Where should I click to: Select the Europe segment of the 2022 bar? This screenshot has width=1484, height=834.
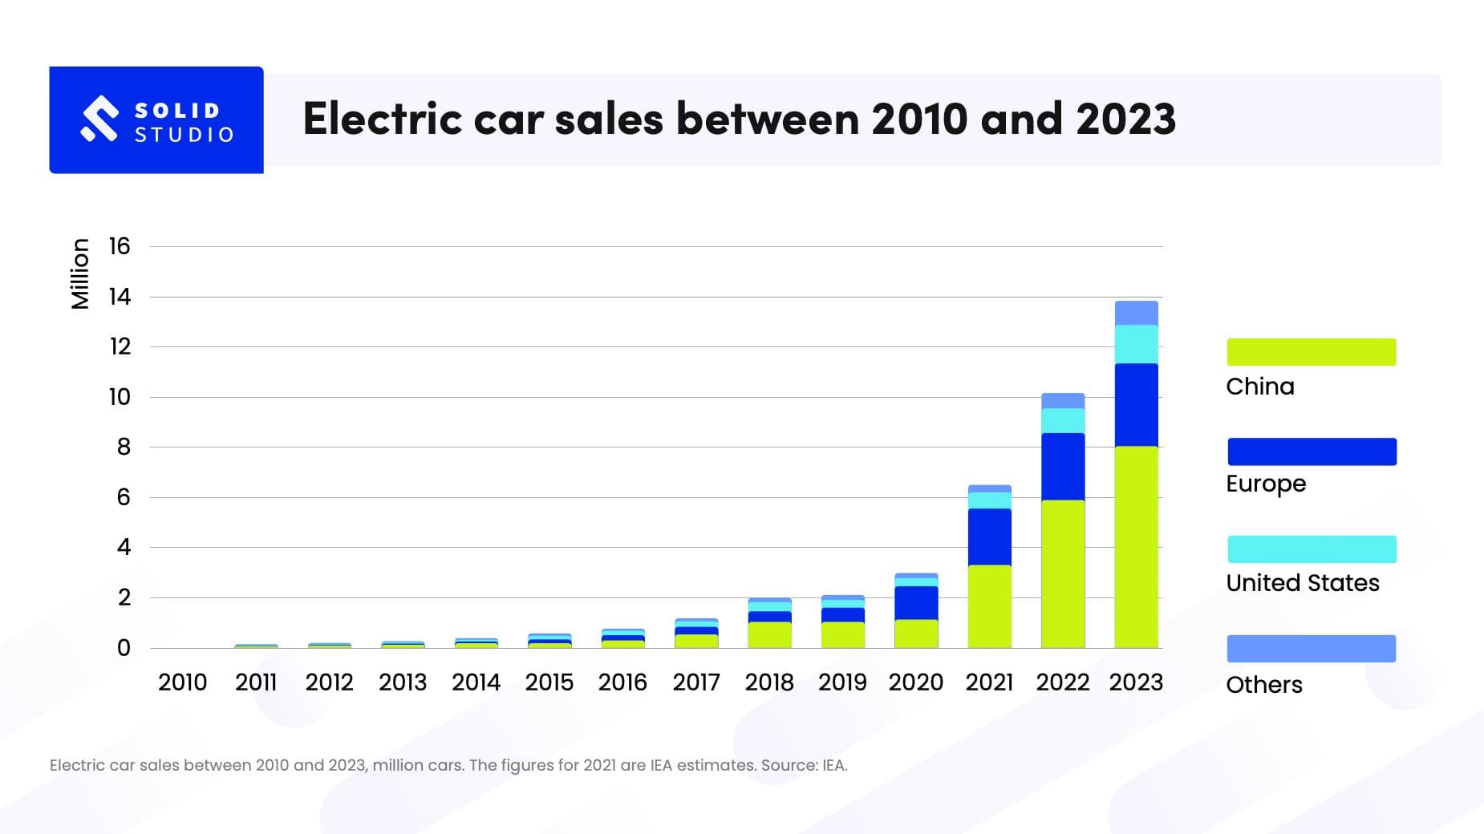pyautogui.click(x=1063, y=467)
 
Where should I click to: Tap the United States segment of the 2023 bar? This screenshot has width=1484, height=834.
pyautogui.click(x=1136, y=344)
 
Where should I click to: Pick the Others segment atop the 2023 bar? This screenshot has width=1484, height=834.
pyautogui.click(x=1136, y=313)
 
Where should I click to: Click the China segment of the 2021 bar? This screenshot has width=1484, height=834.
pyautogui.click(x=989, y=606)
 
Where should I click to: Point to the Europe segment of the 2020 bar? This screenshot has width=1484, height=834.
pyautogui.click(x=916, y=602)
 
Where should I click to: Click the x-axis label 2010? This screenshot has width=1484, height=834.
pyautogui.click(x=182, y=682)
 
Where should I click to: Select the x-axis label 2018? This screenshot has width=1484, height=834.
pyautogui.click(x=768, y=682)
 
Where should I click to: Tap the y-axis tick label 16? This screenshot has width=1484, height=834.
pyautogui.click(x=120, y=246)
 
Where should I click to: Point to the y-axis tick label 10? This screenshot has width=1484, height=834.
pyautogui.click(x=120, y=397)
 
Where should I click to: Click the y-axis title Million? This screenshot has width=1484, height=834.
pyautogui.click(x=80, y=273)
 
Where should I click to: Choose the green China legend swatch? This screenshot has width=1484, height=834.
pyautogui.click(x=1311, y=352)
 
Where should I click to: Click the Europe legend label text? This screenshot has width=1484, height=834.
pyautogui.click(x=1266, y=484)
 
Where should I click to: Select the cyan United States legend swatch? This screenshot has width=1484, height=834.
pyautogui.click(x=1311, y=549)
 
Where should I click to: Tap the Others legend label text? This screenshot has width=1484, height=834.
pyautogui.click(x=1263, y=685)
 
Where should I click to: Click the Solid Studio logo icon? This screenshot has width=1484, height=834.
pyautogui.click(x=99, y=119)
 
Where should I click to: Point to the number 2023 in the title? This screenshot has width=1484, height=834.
pyautogui.click(x=1125, y=119)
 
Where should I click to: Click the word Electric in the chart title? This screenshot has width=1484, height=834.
pyautogui.click(x=382, y=119)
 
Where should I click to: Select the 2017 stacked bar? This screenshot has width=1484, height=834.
pyautogui.click(x=695, y=634)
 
